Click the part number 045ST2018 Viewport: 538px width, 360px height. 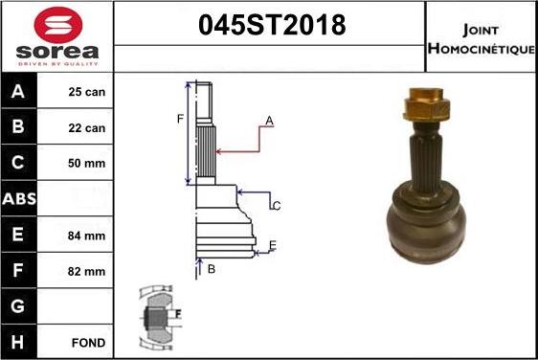point(269,25)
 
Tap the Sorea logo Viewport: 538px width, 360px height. point(57,36)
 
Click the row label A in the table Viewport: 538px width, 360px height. point(20,93)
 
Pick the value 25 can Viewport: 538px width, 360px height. point(87,93)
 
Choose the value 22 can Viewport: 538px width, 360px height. point(87,128)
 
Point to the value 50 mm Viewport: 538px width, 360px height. point(87,164)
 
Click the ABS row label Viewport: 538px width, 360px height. point(20,199)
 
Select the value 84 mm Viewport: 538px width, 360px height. point(87,236)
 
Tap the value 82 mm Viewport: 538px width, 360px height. point(87,271)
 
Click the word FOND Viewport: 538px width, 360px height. point(87,342)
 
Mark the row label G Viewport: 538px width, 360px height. point(20,306)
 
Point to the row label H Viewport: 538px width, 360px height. point(20,342)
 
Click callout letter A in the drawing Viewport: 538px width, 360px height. point(270,121)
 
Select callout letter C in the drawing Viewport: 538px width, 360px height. point(276,206)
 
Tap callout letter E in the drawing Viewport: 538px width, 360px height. point(273,246)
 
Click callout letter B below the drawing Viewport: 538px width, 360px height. point(212,270)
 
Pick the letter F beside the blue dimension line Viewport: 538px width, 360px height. point(179,120)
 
